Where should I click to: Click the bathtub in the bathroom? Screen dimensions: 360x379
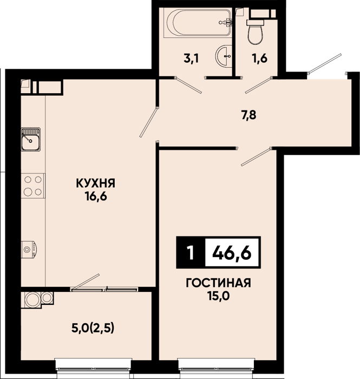coord(198,23)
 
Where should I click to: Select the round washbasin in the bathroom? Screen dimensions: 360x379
coord(224,56)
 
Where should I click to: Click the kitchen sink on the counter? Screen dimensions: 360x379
coord(31,140)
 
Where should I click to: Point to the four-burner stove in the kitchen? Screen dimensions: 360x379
coord(33,186)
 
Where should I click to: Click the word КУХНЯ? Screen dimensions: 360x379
coord(96,184)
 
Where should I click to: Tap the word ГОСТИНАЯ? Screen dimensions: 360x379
coord(218,283)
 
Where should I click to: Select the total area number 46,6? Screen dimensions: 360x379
coord(232,253)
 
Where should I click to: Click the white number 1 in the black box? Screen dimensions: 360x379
coord(191,253)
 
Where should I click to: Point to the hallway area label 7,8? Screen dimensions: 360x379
coord(248,115)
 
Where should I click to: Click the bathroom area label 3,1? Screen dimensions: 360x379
coord(191,58)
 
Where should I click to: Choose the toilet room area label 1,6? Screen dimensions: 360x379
coord(260,58)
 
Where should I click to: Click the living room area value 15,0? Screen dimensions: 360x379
coord(218,296)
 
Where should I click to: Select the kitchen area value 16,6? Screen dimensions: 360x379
coord(96,197)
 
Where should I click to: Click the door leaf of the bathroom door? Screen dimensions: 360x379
coord(189,85)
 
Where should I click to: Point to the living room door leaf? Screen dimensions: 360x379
coord(256,157)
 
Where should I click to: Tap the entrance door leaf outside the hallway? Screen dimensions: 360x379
coord(325,63)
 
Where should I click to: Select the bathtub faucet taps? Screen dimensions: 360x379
coord(226,22)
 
